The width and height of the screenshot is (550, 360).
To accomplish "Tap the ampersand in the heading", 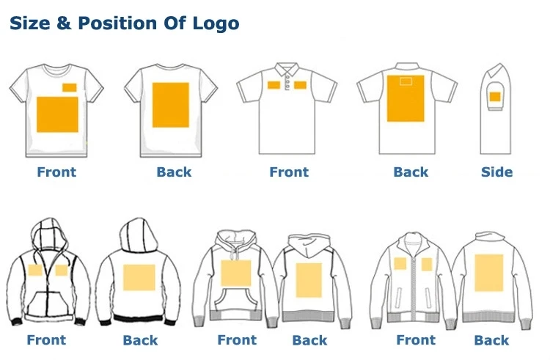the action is click(x=64, y=23).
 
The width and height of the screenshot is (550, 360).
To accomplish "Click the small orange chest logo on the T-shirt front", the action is click(x=70, y=88).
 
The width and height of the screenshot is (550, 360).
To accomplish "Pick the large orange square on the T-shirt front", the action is click(x=57, y=114).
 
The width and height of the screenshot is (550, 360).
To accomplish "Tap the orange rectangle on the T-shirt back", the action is click(x=170, y=105).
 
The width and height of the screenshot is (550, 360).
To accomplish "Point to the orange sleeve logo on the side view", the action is click(x=495, y=97).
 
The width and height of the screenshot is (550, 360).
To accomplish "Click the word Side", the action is click(x=496, y=172).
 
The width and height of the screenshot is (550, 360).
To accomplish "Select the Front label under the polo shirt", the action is click(x=289, y=172).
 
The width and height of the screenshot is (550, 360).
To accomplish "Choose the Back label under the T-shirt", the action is click(x=174, y=172).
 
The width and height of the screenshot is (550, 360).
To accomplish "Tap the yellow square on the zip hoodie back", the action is click(x=139, y=278).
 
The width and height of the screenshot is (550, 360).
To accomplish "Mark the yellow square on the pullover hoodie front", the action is click(x=235, y=273).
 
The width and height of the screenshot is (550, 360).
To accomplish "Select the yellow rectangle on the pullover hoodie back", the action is click(x=309, y=279).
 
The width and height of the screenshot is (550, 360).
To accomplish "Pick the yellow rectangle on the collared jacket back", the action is click(x=489, y=272).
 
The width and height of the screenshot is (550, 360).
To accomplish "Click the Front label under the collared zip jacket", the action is click(x=416, y=340).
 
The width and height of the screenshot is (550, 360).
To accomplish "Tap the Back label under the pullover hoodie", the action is click(x=309, y=340).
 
